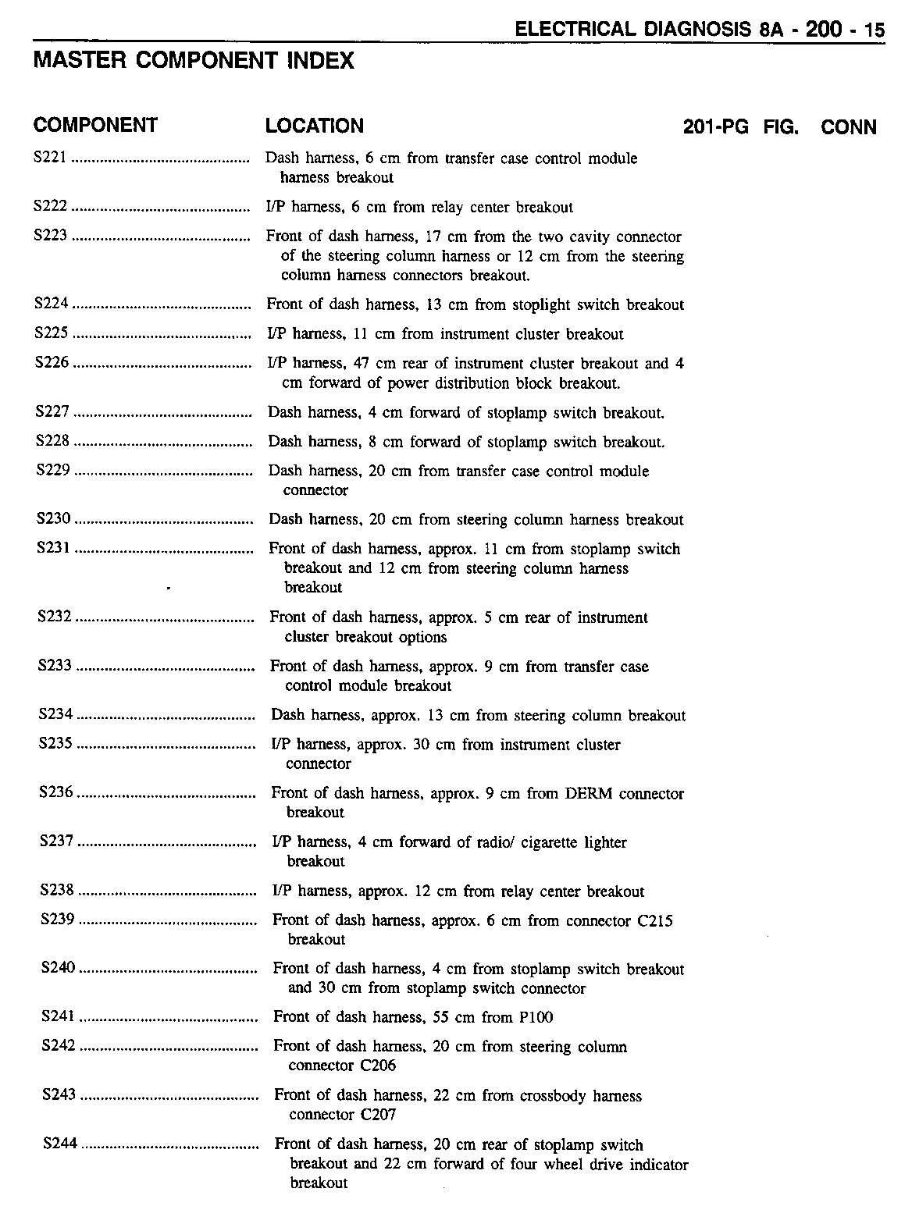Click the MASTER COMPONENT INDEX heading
pos(194,61)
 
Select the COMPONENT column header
pos(95,126)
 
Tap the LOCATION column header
pos(314,126)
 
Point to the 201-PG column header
pos(715,127)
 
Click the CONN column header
pos(849,127)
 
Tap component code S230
pos(54,519)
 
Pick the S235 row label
pos(55,744)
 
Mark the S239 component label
pos(57,920)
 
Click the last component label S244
pos(60,1144)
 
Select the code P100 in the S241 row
pos(536,1017)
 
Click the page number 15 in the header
pos(875,30)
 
